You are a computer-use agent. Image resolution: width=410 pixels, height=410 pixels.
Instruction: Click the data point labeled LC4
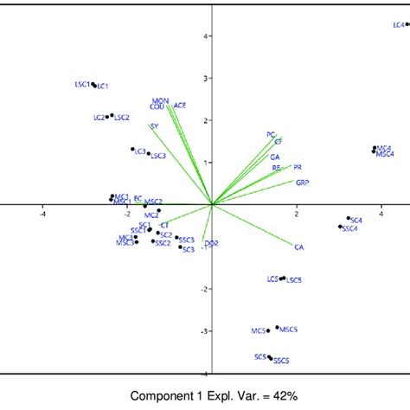(407, 24)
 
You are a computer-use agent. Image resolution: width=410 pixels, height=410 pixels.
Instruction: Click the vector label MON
(160, 101)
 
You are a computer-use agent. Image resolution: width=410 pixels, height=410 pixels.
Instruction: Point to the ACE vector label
(180, 106)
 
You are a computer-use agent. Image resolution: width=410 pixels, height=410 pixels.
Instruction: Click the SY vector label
(154, 127)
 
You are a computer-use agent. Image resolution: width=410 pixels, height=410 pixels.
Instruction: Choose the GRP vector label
(302, 183)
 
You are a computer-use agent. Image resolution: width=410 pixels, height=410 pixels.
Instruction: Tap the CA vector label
(299, 247)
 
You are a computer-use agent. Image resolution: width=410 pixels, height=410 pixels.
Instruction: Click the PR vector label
(298, 167)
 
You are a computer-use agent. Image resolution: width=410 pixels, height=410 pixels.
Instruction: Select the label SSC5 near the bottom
(281, 360)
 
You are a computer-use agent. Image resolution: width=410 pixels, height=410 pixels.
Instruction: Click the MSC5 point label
(289, 329)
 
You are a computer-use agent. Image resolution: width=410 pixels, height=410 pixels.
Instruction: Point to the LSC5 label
(294, 280)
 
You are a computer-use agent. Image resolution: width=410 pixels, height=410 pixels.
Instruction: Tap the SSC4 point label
(350, 228)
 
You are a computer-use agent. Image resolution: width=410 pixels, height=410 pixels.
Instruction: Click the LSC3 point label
(157, 156)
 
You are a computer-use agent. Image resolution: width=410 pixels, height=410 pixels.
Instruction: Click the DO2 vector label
(211, 244)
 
